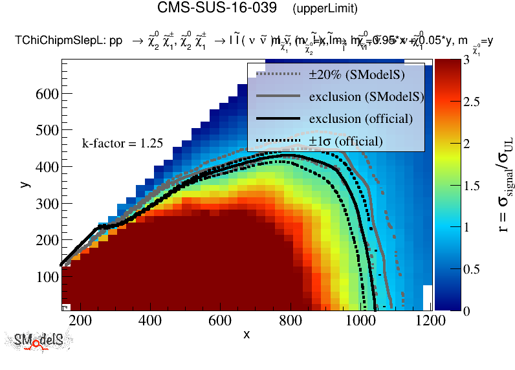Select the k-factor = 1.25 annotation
click(122, 144)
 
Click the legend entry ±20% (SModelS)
click(357, 75)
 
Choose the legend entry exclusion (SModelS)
click(366, 97)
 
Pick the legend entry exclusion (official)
click(360, 119)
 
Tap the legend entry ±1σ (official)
click(345, 141)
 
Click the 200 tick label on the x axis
click(79, 320)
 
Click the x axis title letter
click(247, 334)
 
